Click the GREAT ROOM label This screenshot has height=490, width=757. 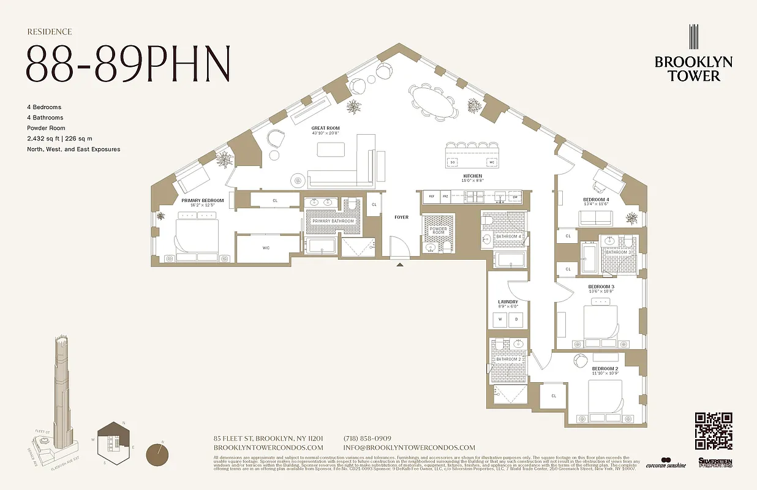(x=325, y=127)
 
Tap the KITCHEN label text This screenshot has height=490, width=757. (x=472, y=176)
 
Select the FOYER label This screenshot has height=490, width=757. (x=401, y=217)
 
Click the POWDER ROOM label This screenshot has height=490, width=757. (x=438, y=230)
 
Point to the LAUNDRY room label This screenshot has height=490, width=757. (x=508, y=302)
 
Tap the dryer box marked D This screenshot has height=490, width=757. (x=516, y=320)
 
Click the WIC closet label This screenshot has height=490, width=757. (x=266, y=248)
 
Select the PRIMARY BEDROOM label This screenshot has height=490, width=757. (x=202, y=200)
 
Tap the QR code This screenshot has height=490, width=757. (x=714, y=431)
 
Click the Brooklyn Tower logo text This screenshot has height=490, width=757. (x=693, y=69)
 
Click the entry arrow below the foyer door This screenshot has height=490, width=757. (x=400, y=265)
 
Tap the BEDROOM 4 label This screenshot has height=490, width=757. (x=595, y=200)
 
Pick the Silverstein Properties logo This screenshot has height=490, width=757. (x=715, y=463)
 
